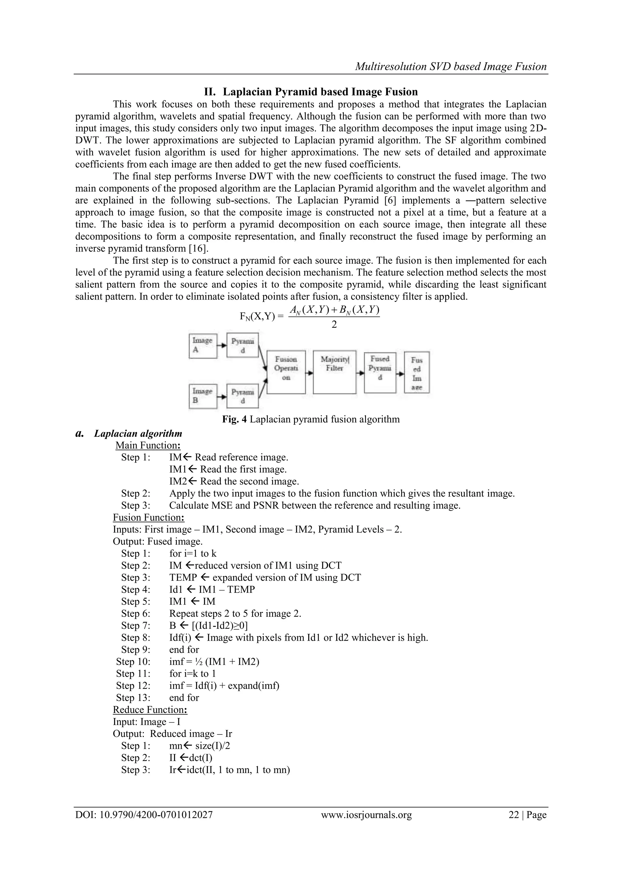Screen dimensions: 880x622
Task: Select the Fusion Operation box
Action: click(286, 372)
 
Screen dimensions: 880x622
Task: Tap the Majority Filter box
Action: click(334, 372)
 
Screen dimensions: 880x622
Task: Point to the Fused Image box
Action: click(417, 372)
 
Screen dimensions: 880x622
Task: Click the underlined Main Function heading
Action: click(148, 445)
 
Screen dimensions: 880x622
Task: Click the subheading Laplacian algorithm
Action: click(138, 433)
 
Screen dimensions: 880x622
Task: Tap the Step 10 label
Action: click(133, 662)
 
